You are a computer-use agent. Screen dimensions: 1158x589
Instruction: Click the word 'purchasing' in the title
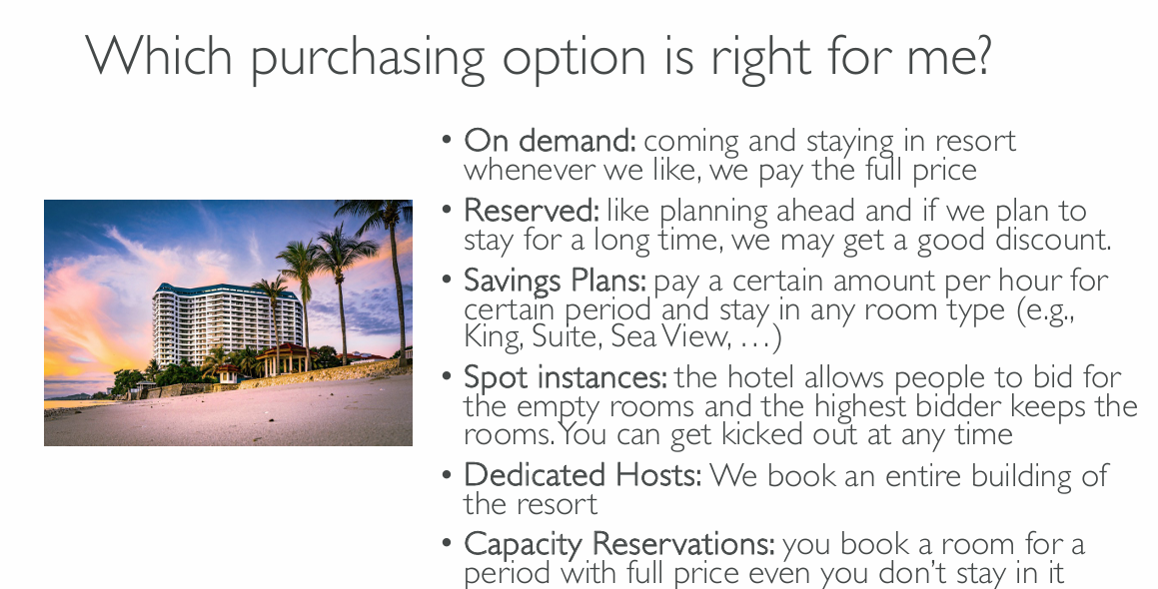tap(368, 58)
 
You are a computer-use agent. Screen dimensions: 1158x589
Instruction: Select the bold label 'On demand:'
tap(550, 140)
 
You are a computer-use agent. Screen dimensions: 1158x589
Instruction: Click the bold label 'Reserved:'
tap(531, 211)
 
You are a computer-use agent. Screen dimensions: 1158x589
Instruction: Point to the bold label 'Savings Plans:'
tap(555, 282)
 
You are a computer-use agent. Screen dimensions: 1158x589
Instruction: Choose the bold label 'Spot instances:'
tap(565, 377)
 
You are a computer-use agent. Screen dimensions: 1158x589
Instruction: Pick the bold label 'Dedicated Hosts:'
tap(581, 474)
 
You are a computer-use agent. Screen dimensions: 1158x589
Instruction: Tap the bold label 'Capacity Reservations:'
tap(618, 545)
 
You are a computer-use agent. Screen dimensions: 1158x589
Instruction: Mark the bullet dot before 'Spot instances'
tap(446, 376)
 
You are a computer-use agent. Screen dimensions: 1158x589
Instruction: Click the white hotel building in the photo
tap(225, 324)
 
